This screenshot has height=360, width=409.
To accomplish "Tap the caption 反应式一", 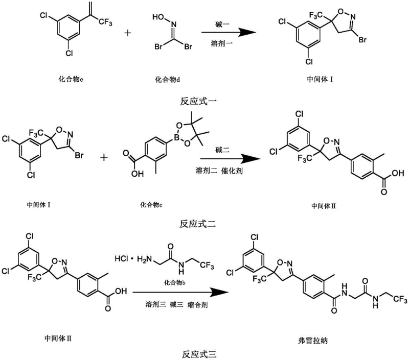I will [x=198, y=101].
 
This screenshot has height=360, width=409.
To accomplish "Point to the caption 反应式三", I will [x=198, y=352].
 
